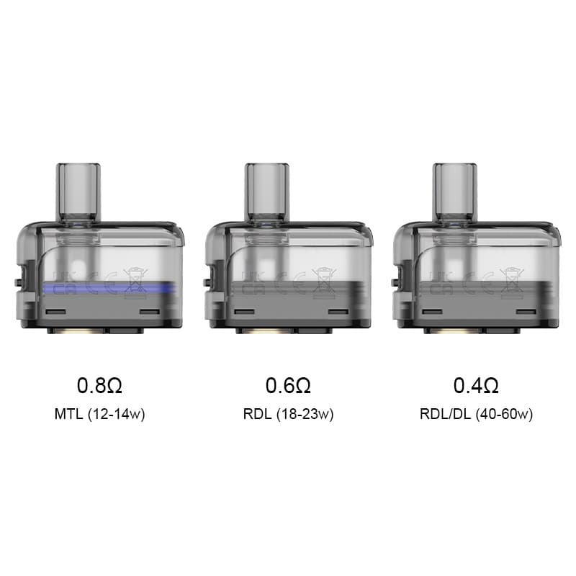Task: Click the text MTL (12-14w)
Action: (99, 415)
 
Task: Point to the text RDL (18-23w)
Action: (288, 415)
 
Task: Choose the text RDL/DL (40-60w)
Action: (476, 415)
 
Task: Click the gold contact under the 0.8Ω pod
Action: (77, 331)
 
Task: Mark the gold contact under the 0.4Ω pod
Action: (454, 331)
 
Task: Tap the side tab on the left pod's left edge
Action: (20, 278)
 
